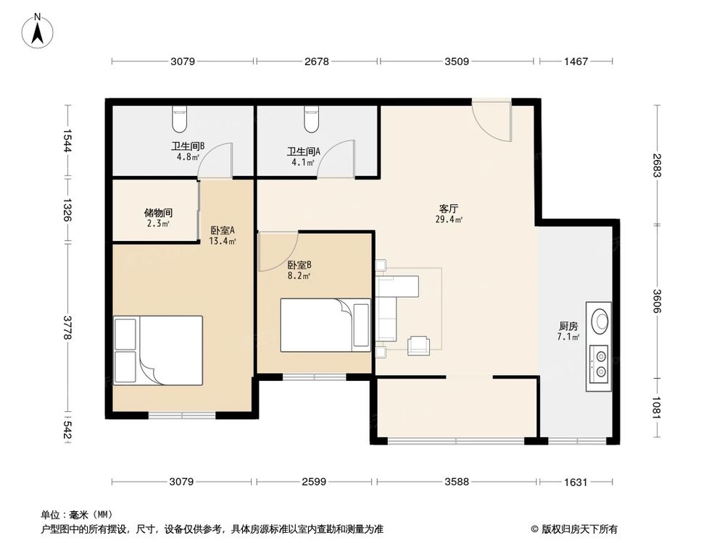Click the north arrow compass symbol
[x=38, y=30]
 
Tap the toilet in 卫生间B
[x=179, y=119]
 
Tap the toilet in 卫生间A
[x=312, y=119]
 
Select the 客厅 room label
[x=449, y=209]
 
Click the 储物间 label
[x=158, y=213]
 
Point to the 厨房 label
[x=568, y=326]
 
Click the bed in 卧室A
[x=158, y=350]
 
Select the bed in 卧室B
[x=326, y=325]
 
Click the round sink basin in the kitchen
[x=601, y=321]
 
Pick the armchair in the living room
[x=419, y=345]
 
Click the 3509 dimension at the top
[x=456, y=61]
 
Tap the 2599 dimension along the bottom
[x=314, y=481]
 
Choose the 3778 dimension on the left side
[x=67, y=327]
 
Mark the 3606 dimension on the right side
[x=657, y=300]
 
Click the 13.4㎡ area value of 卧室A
[x=223, y=241]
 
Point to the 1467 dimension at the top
[x=576, y=61]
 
